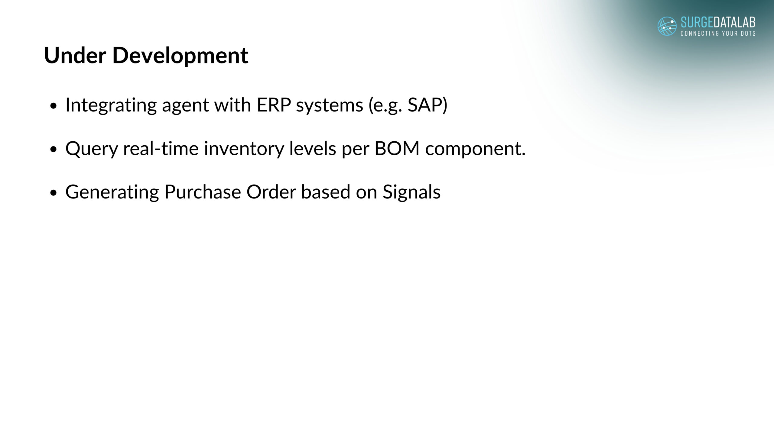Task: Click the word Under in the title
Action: click(75, 55)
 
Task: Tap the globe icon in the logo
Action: click(667, 26)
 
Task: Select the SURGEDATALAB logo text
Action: click(718, 22)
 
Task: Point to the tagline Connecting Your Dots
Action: click(718, 33)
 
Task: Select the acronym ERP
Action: click(274, 105)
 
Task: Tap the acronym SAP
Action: click(425, 105)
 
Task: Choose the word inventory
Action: click(244, 149)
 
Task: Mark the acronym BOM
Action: click(397, 149)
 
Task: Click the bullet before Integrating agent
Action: click(54, 106)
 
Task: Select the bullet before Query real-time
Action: click(54, 150)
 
